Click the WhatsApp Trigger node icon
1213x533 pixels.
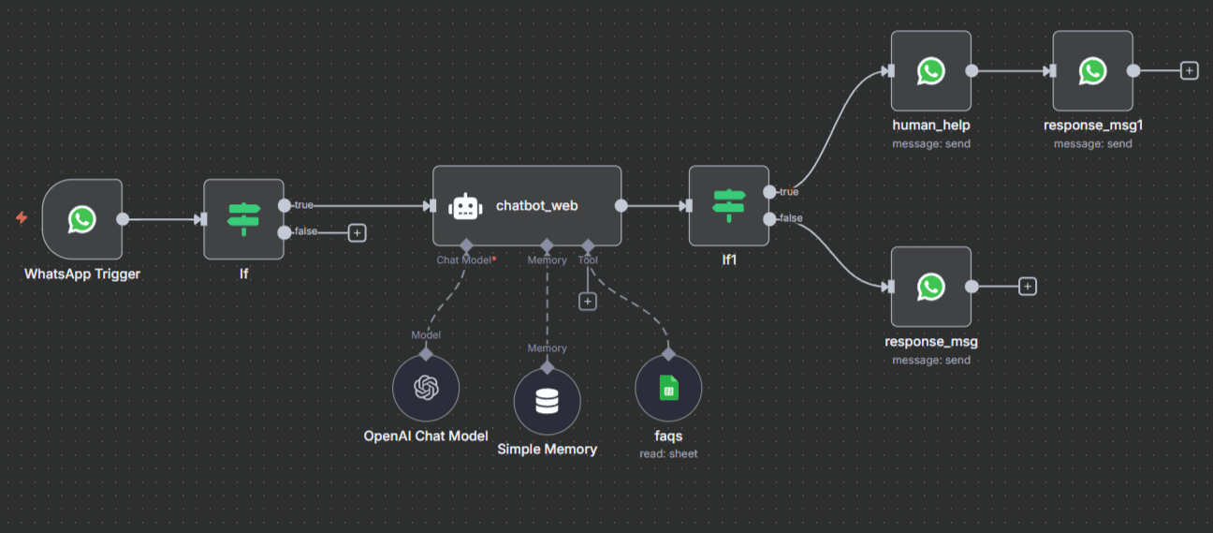point(82,219)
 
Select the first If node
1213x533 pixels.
point(243,219)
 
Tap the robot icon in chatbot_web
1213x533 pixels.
point(465,207)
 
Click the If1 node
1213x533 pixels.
point(728,206)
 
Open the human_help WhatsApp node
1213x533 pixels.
point(930,70)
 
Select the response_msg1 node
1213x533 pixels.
point(1092,70)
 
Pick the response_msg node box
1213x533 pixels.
point(930,287)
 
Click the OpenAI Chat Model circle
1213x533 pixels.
point(426,388)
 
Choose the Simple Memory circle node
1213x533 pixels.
point(547,402)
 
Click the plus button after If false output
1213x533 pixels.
point(357,232)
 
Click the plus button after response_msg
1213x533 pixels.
point(1028,287)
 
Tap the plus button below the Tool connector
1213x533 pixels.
point(588,301)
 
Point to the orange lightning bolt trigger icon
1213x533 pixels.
point(22,218)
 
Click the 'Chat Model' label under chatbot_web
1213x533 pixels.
point(463,260)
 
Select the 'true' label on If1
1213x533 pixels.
point(788,192)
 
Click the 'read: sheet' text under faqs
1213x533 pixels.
point(668,453)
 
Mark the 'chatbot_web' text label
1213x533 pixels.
point(536,206)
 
